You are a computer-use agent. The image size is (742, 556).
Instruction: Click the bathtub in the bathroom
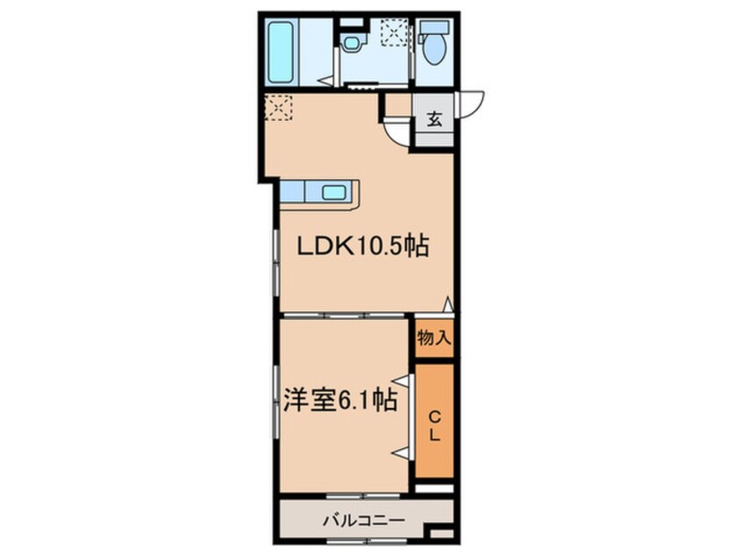282,52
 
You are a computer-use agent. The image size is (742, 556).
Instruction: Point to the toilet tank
433,27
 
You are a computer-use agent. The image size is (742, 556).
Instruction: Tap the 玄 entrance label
434,119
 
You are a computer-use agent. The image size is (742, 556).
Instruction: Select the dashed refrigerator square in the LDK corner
278,107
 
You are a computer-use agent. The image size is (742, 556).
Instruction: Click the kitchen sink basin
334,192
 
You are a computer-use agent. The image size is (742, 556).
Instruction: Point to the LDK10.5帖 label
362,246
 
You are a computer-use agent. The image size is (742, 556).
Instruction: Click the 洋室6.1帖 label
339,400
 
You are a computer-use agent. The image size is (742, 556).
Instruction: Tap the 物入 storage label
433,339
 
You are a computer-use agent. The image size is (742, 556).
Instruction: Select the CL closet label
434,426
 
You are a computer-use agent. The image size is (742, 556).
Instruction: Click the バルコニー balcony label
364,521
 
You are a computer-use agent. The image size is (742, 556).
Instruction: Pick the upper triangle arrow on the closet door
403,381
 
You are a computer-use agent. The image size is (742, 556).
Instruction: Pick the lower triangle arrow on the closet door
403,453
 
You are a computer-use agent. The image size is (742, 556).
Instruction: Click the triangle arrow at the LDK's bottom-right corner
448,303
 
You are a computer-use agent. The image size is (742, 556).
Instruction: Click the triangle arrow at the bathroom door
326,81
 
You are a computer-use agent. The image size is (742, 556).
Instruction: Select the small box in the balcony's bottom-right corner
441,533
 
